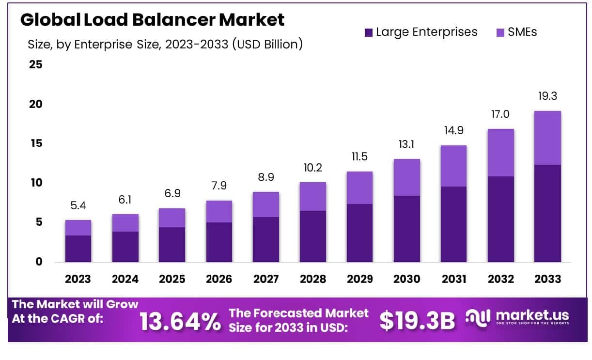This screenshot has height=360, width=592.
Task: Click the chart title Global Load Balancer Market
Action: [x=152, y=20]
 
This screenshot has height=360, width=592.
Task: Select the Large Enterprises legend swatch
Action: [x=369, y=32]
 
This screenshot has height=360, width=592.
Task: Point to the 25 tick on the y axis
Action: [x=36, y=64]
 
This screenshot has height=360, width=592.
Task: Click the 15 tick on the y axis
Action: [x=36, y=143]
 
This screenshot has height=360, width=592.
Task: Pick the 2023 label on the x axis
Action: [x=78, y=279]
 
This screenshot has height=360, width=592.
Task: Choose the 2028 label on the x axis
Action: [x=313, y=279]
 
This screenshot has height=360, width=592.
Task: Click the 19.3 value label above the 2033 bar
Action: [x=547, y=96]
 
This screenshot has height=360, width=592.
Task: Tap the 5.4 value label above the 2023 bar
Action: [x=78, y=205]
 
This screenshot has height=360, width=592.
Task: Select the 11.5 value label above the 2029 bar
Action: [x=360, y=157]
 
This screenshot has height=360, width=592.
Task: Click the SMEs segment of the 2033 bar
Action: [x=547, y=138]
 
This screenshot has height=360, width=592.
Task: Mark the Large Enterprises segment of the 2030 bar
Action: [x=407, y=229]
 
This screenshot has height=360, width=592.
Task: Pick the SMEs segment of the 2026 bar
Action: [x=219, y=211]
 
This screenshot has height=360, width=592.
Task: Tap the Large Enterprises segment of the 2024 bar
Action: [x=125, y=247]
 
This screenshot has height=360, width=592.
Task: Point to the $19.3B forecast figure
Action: [x=417, y=320]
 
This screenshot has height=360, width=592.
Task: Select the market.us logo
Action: [x=517, y=318]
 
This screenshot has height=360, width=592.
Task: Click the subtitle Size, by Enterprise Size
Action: [x=165, y=45]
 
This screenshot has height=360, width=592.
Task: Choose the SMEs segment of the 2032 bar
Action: [x=501, y=153]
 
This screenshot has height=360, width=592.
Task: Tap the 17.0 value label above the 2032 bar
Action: [x=501, y=114]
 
